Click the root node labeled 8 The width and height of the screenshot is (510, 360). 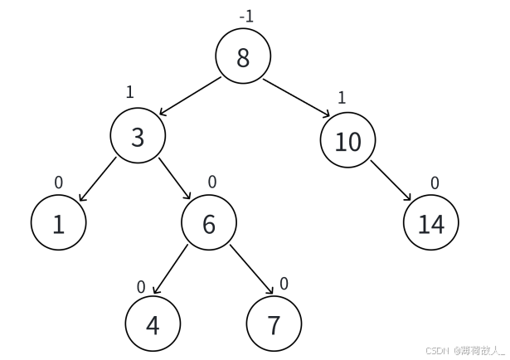[243, 56]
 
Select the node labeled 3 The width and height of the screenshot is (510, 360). [138, 135]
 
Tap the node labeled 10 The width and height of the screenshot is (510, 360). [348, 140]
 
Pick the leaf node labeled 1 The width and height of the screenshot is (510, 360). [59, 222]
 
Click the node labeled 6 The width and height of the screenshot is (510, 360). [209, 222]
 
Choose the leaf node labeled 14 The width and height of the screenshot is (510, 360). [431, 222]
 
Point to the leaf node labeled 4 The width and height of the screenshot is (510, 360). [153, 324]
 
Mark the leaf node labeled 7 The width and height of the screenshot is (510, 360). [274, 324]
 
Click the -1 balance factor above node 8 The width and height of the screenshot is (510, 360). [246, 17]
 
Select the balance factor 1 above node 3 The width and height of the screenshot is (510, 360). [129, 92]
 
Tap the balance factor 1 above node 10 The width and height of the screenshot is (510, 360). [342, 98]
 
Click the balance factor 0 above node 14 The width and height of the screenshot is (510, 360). [435, 183]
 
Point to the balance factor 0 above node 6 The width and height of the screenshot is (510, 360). [212, 182]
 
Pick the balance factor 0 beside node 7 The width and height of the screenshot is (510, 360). [284, 284]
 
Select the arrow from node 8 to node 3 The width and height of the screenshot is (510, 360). [190, 96]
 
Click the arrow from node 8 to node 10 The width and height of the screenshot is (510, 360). [297, 98]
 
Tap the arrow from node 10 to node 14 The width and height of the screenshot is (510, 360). [391, 180]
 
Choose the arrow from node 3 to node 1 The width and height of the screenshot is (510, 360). [98, 179]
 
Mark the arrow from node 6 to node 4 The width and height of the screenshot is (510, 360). [171, 269]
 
